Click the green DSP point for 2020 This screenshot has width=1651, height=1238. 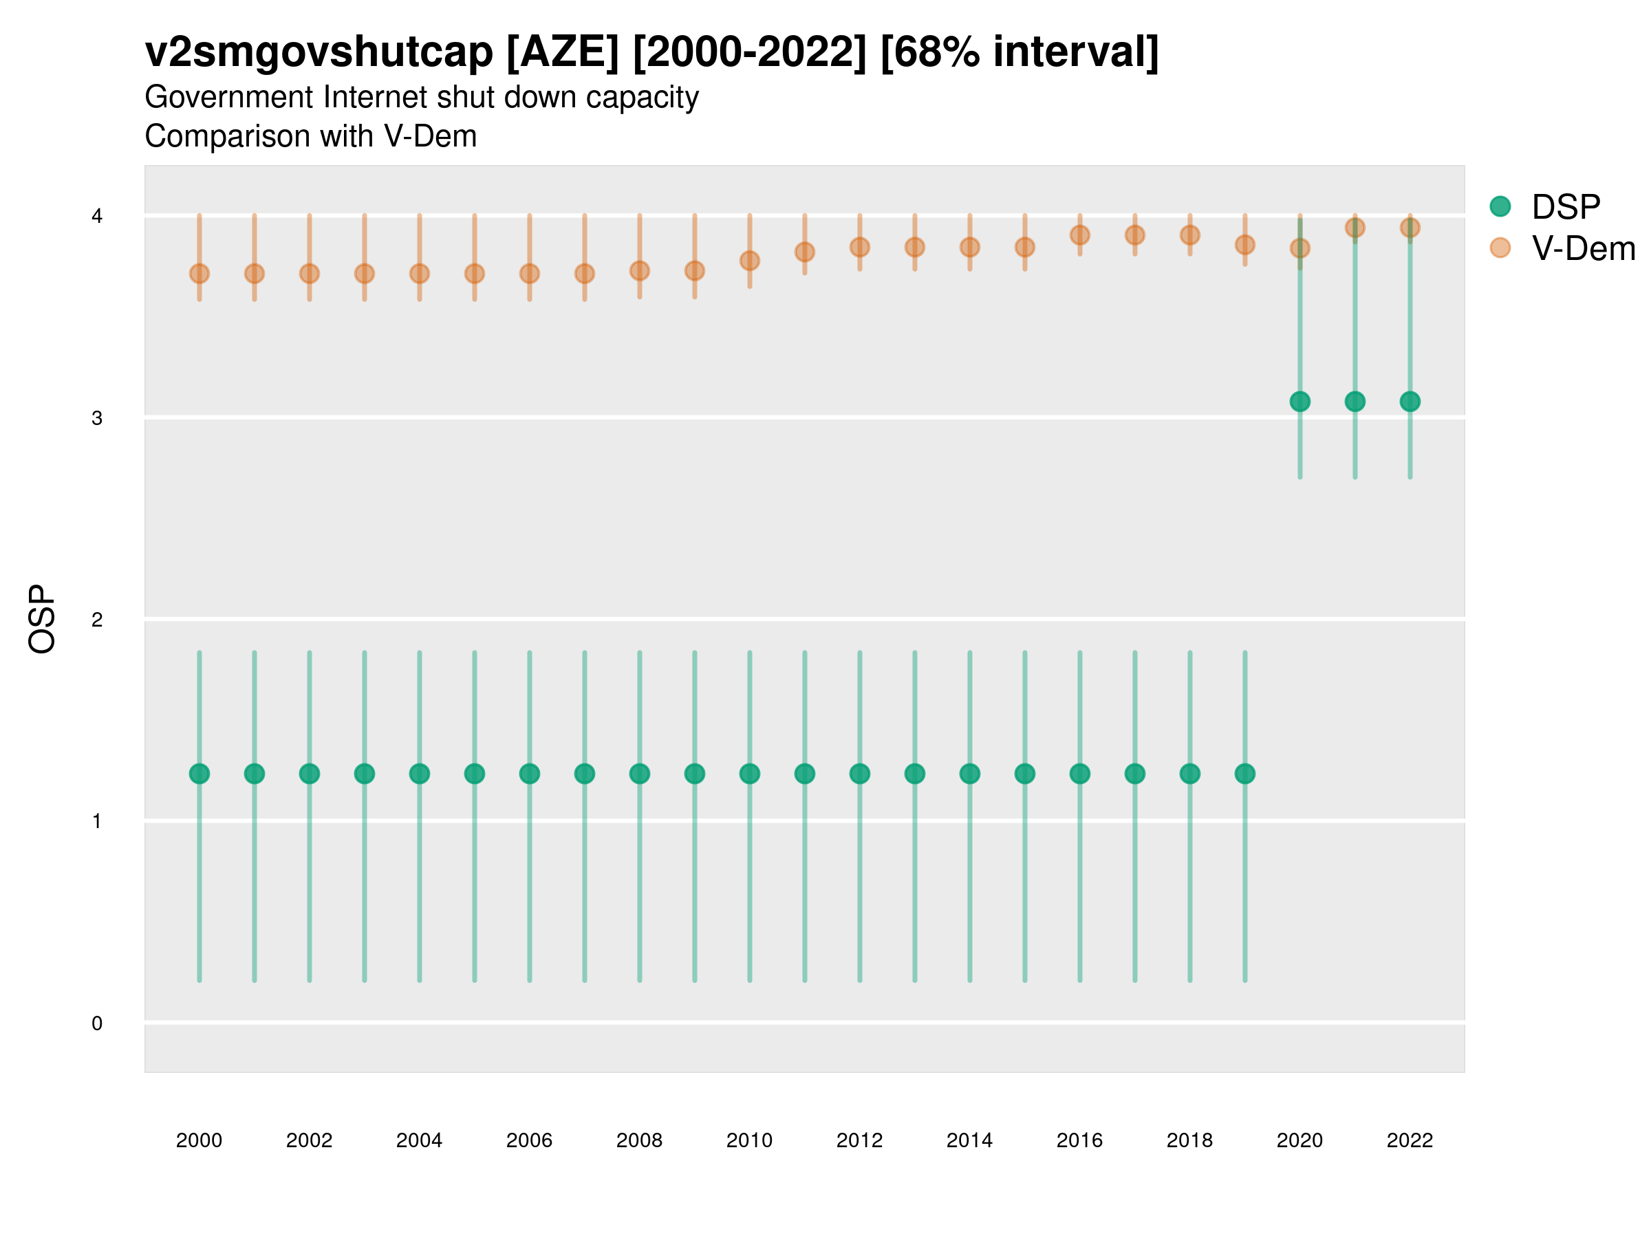pos(1299,402)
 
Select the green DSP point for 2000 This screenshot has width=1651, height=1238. pos(199,774)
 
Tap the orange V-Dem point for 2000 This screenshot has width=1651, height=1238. pos(199,274)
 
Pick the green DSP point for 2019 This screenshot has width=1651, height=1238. pos(1245,774)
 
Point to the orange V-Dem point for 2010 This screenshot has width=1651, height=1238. pos(749,261)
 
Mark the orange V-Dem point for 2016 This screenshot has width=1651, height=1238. pos(1080,235)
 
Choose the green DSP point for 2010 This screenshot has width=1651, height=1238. pos(749,774)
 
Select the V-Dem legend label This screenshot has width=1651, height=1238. pos(1583,248)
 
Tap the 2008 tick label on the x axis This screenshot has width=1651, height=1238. pos(640,1140)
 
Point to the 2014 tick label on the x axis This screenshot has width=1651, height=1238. pos(969,1140)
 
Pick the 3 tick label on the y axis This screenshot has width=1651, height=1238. pos(97,418)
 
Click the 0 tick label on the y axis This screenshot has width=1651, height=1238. pos(97,1023)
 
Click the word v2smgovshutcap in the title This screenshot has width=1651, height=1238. pos(319,52)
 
